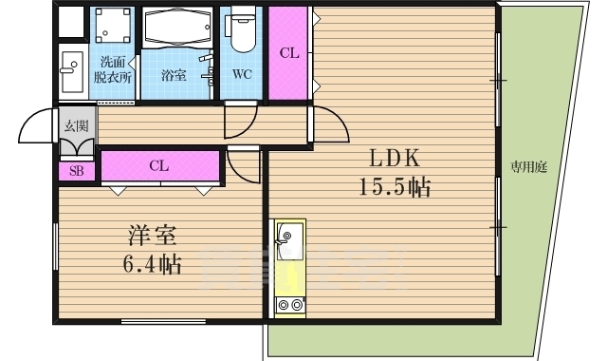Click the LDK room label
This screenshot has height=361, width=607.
pyautogui.click(x=395, y=159)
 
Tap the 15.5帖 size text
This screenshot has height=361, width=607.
pyautogui.click(x=395, y=188)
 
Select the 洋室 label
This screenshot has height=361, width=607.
pyautogui.click(x=152, y=236)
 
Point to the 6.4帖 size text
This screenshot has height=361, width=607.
pyautogui.click(x=152, y=264)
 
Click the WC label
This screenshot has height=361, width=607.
pyautogui.click(x=242, y=74)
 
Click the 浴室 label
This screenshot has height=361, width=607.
pyautogui.click(x=174, y=75)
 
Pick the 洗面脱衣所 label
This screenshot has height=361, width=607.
pyautogui.click(x=113, y=69)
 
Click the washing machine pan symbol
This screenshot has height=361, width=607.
pyautogui.click(x=113, y=26)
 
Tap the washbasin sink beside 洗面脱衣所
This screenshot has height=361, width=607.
pyautogui.click(x=72, y=72)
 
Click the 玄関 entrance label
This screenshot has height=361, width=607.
pyautogui.click(x=76, y=126)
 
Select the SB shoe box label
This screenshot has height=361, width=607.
pyautogui.click(x=76, y=171)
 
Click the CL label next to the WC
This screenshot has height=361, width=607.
pyautogui.click(x=289, y=53)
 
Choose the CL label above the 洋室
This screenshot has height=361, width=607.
pyautogui.click(x=159, y=165)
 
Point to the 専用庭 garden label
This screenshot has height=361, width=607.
pyautogui.click(x=528, y=167)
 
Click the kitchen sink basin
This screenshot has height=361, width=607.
pyautogui.click(x=289, y=240)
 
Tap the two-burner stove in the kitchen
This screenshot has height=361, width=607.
pyautogui.click(x=290, y=305)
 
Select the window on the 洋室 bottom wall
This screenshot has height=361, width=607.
pyautogui.click(x=163, y=321)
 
